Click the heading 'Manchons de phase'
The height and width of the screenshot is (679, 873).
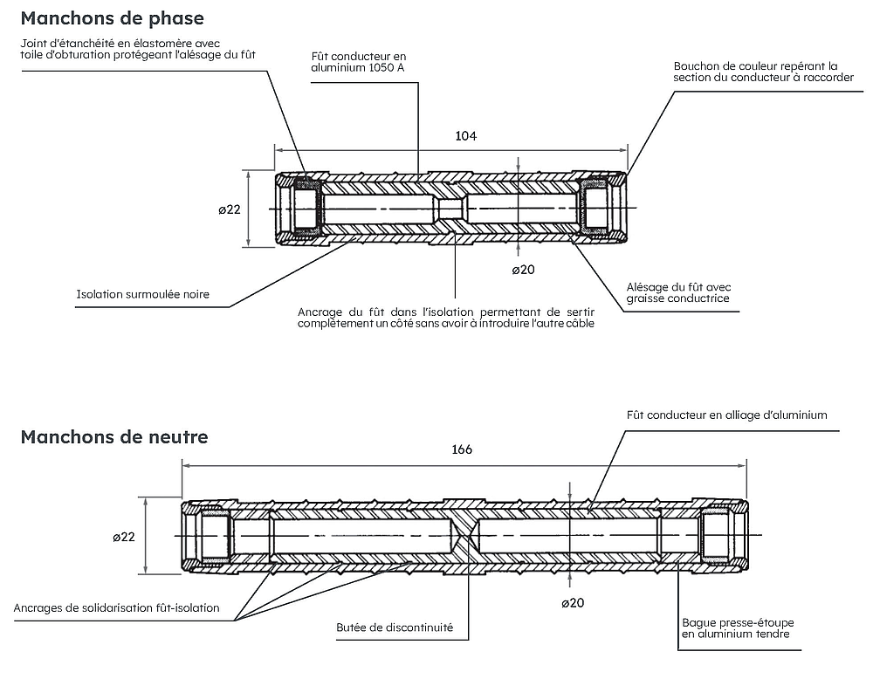112,18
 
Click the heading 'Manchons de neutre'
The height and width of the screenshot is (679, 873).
113,436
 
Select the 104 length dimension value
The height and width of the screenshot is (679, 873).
465,136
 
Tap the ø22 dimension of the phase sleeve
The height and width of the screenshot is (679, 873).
229,209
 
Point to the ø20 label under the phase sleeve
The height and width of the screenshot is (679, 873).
522,269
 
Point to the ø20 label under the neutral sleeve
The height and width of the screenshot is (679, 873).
572,602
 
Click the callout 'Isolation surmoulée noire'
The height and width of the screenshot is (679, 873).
143,294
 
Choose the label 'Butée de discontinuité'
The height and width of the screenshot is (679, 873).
395,628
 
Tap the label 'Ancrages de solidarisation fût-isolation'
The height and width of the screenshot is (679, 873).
117,607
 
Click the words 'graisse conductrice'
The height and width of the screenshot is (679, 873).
677,298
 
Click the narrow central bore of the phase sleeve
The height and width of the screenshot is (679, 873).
450,209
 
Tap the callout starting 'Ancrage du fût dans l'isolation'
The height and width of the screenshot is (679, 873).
446,318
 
